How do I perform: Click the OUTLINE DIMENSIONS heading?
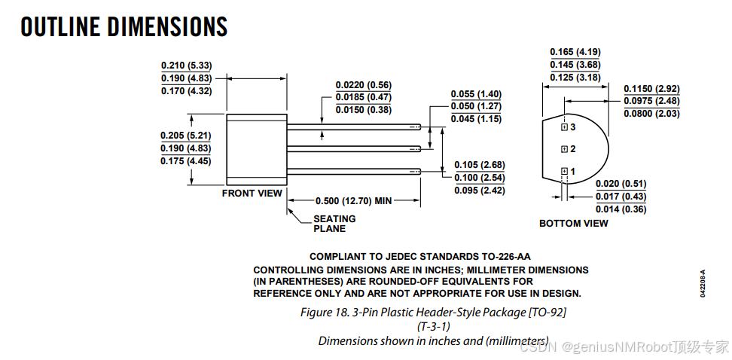pos(124,27)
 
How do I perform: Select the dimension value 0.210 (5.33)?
pos(187,65)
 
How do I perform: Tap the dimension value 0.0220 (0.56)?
pos(364,85)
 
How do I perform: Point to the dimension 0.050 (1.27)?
pos(476,106)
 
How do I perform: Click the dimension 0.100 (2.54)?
pos(480,178)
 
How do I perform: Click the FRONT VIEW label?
pos(252,194)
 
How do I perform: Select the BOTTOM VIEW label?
pos(574,223)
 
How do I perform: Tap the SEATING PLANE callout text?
pos(334,223)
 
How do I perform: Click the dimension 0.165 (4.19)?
pos(575,52)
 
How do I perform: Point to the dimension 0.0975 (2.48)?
pos(651,101)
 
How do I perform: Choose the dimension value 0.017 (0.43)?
pos(621,197)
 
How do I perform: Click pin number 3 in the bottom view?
pos(573,127)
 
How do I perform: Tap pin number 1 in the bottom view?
pos(573,172)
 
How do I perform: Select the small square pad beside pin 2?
pos(564,149)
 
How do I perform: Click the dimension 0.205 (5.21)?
pos(186,136)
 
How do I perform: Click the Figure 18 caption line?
pos(433,312)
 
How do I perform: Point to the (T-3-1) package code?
pos(433,327)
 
